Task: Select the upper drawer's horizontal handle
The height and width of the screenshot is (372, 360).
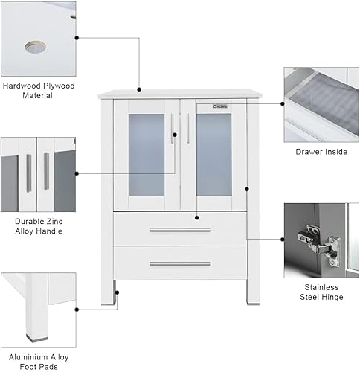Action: (179, 230)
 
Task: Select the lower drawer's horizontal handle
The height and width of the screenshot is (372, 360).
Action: (179, 263)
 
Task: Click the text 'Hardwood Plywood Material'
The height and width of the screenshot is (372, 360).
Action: (39, 92)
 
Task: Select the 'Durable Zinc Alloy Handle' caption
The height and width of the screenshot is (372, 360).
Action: (39, 226)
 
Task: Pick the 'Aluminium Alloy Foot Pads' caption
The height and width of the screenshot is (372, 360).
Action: (39, 361)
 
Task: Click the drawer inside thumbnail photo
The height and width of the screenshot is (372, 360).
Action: (321, 105)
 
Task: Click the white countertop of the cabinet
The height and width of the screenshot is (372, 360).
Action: (179, 94)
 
